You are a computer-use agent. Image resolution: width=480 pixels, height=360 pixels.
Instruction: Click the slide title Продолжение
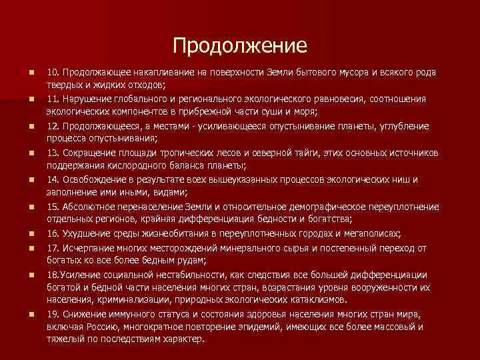coord(240,45)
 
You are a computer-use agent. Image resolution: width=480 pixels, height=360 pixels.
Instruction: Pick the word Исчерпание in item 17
coord(86,247)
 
